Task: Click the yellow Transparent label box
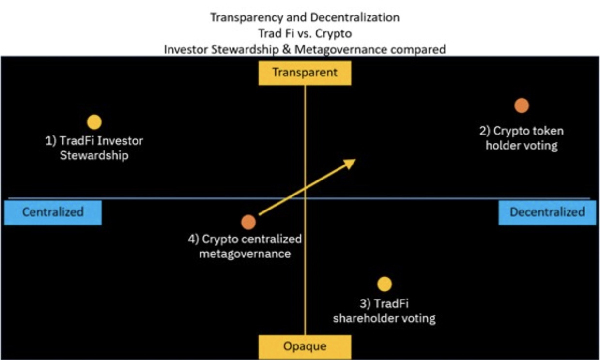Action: (x=305, y=73)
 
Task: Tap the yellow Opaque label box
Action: (x=305, y=347)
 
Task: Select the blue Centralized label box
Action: (x=53, y=212)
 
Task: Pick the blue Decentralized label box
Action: (x=547, y=212)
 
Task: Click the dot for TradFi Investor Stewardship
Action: (x=94, y=122)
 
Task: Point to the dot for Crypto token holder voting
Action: (x=522, y=105)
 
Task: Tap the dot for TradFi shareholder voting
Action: (x=385, y=285)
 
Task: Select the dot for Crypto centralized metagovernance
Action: (x=248, y=222)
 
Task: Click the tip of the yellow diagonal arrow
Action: (x=355, y=160)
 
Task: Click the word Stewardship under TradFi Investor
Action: (x=94, y=156)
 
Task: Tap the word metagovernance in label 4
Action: (x=245, y=253)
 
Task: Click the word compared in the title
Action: (x=420, y=49)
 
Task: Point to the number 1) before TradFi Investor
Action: (x=51, y=141)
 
